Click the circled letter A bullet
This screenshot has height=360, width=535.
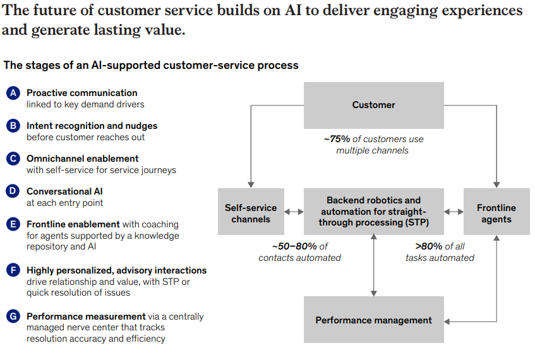click(13, 93)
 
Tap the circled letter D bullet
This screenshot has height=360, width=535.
click(13, 191)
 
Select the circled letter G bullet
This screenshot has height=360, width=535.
click(13, 316)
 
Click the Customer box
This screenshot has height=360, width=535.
click(373, 105)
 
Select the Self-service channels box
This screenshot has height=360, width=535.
click(251, 213)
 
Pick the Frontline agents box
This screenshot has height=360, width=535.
click(496, 213)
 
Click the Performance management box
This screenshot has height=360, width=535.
click(373, 320)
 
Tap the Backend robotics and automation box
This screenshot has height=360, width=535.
click(373, 212)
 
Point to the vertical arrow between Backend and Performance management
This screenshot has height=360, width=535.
click(374, 266)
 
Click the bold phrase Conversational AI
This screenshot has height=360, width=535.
click(64, 191)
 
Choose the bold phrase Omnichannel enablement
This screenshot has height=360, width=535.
click(82, 159)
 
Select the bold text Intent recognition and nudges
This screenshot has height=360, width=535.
click(92, 126)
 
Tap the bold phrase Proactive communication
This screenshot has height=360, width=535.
click(81, 93)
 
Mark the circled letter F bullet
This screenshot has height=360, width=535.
click(13, 270)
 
